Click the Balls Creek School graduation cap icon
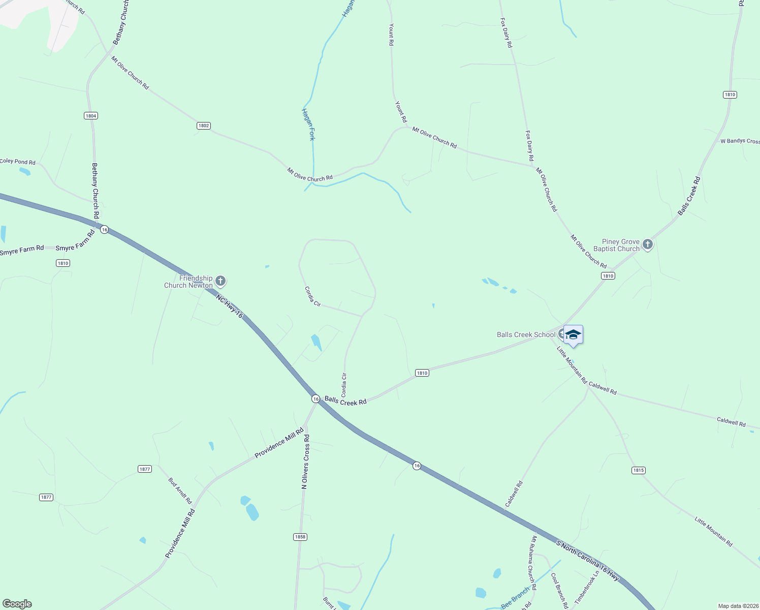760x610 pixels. click(573, 334)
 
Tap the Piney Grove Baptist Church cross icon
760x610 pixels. click(647, 245)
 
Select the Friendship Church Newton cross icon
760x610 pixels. click(220, 281)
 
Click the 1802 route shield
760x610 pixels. click(204, 126)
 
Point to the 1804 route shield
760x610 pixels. click(91, 116)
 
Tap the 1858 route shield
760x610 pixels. click(300, 537)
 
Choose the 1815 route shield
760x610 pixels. click(639, 470)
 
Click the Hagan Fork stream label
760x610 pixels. click(309, 124)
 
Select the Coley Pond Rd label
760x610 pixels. click(18, 162)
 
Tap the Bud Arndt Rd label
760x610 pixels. click(180, 490)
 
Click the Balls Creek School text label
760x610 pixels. click(526, 334)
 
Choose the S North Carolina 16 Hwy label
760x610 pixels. click(587, 561)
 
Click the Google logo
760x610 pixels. click(17, 604)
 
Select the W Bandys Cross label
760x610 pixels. click(740, 141)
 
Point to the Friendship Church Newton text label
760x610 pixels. click(188, 282)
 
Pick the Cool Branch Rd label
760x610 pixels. click(559, 591)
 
